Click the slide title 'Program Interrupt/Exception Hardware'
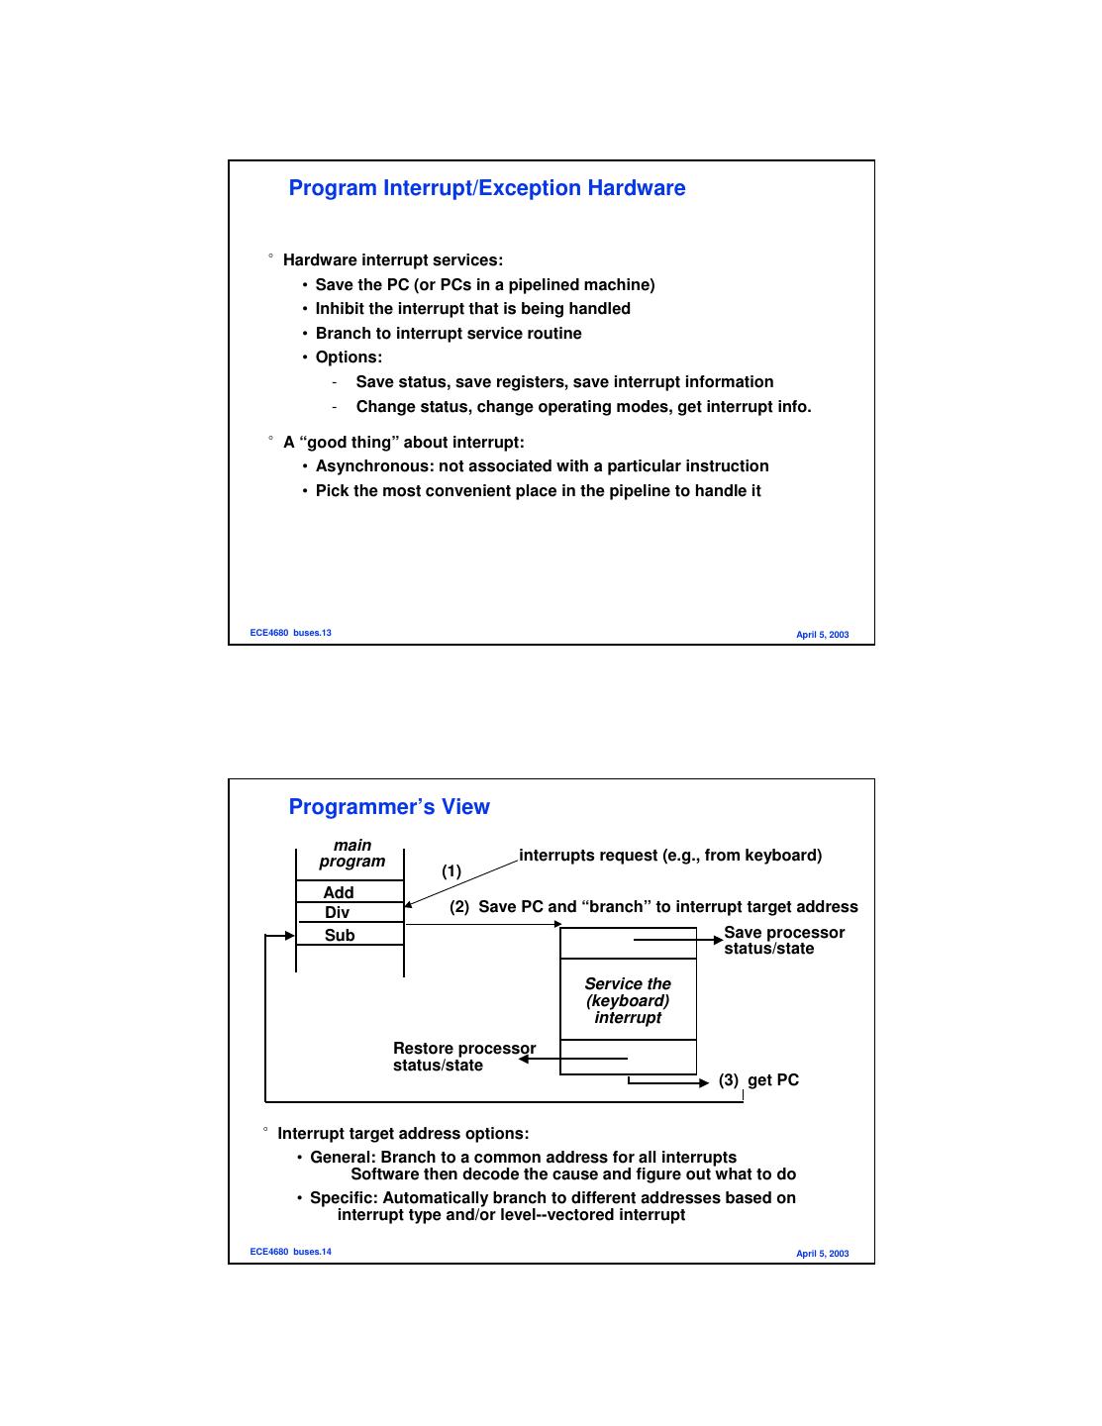pyautogui.click(x=486, y=188)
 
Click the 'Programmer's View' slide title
pyautogui.click(x=389, y=807)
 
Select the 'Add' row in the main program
pyautogui.click(x=339, y=892)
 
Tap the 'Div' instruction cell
pyautogui.click(x=338, y=912)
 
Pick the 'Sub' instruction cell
pyautogui.click(x=340, y=935)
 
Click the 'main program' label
pyautogui.click(x=352, y=853)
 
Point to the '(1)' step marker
pyautogui.click(x=451, y=871)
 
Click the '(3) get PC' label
pyautogui.click(x=758, y=1080)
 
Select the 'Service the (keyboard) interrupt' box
pyautogui.click(x=628, y=1000)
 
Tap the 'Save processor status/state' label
pyautogui.click(x=783, y=940)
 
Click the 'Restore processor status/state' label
pyautogui.click(x=463, y=1057)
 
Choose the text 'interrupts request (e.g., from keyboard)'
pyautogui.click(x=670, y=856)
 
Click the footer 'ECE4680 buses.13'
pyautogui.click(x=290, y=633)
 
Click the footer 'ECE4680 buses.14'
pyautogui.click(x=290, y=1252)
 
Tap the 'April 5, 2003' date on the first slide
pyautogui.click(x=822, y=635)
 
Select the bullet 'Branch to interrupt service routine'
pyautogui.click(x=449, y=334)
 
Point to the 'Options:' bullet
pyautogui.click(x=349, y=357)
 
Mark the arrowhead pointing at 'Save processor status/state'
pyautogui.click(x=719, y=940)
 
